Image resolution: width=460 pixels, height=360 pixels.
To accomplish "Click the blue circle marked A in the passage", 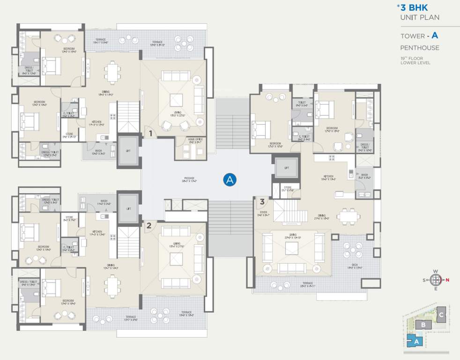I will pos(230,179).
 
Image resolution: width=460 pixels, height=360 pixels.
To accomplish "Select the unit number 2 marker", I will pos(149,225).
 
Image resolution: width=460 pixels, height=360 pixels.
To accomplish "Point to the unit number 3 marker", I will pos(262,202).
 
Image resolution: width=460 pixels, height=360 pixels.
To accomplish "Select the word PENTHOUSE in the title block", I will pos(419,48).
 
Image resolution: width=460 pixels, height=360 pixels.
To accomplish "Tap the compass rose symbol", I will pos(436,280).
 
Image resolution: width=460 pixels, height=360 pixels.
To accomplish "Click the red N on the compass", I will pos(447,280).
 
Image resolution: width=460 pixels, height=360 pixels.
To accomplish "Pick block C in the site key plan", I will pos(441,315).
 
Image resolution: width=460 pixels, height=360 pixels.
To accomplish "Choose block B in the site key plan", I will pos(423,324).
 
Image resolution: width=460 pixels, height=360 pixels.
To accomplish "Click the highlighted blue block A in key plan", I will pos(415,342).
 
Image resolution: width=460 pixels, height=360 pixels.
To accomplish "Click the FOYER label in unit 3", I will pos(263,213).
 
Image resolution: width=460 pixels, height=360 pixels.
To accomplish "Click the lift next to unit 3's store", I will pos(286,167).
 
